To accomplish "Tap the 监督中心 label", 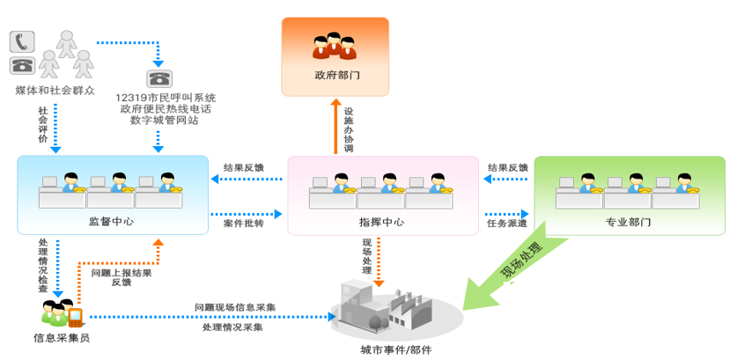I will (x=111, y=221).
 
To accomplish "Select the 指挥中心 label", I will (x=381, y=222).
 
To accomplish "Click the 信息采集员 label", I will (x=61, y=337).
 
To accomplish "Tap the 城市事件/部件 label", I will (x=396, y=349).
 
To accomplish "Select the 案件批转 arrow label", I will (x=245, y=224).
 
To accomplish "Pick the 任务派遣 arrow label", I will (x=507, y=224).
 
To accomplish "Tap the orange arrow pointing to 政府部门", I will (x=335, y=128).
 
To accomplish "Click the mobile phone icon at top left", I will (x=22, y=40).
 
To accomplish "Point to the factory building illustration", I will (x=379, y=304).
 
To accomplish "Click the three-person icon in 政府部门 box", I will (x=335, y=45).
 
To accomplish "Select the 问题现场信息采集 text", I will (x=235, y=307).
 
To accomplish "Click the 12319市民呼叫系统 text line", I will (x=165, y=98).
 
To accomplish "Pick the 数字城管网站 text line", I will (x=165, y=121).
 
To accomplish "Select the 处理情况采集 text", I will (x=232, y=327).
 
